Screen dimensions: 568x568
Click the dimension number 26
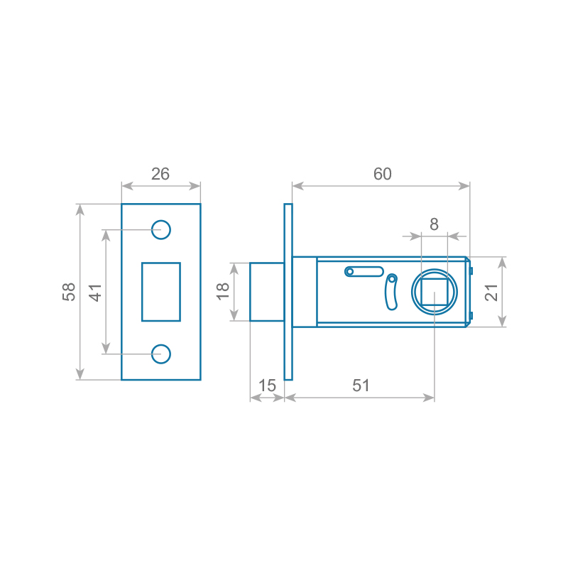pyautogui.click(x=160, y=174)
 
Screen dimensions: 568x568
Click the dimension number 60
pyautogui.click(x=383, y=174)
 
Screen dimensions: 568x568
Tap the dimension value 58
pyautogui.click(x=69, y=292)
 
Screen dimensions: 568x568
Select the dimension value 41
pyautogui.click(x=95, y=293)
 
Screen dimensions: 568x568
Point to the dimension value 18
pyautogui.click(x=223, y=291)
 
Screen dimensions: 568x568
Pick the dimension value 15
pyautogui.click(x=267, y=386)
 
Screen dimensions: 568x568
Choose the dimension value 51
pyautogui.click(x=361, y=386)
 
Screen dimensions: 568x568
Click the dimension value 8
pyautogui.click(x=434, y=224)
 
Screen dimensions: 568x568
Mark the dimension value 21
pyautogui.click(x=491, y=293)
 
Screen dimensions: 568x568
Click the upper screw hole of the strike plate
pyautogui.click(x=161, y=229)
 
